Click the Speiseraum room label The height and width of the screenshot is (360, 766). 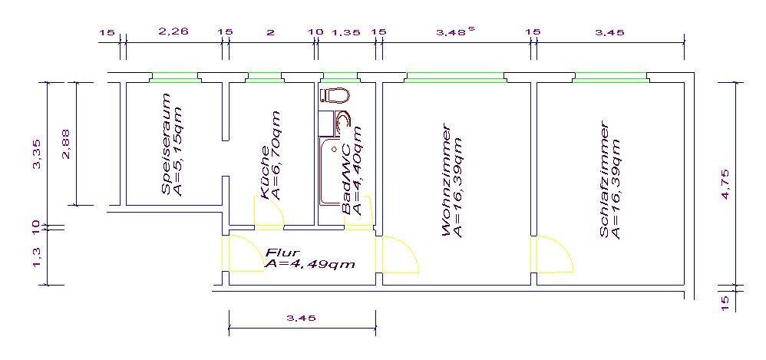[x=167, y=144]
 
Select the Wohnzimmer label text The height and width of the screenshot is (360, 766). [x=446, y=180]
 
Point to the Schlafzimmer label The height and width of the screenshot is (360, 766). [x=604, y=180]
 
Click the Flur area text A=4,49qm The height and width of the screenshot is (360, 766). [x=309, y=264]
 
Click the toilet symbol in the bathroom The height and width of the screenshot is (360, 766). [x=334, y=95]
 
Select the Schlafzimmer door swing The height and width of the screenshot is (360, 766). [x=555, y=254]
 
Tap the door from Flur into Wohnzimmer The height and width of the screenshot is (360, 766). [x=401, y=254]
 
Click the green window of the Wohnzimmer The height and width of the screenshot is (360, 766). [x=455, y=78]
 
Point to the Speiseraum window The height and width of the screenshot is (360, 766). [x=174, y=78]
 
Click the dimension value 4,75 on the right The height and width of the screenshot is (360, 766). [x=725, y=183]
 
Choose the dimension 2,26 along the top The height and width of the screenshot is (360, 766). [x=173, y=32]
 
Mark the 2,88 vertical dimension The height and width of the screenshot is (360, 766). [x=66, y=144]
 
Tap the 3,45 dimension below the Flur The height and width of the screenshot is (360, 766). [x=302, y=318]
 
